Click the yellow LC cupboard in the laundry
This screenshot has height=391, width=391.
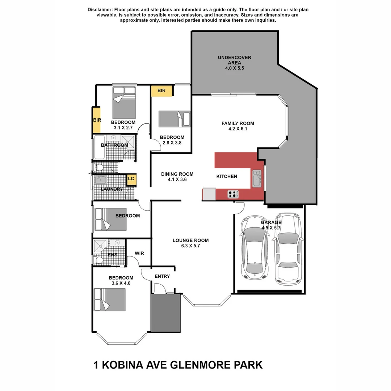pos(131,179)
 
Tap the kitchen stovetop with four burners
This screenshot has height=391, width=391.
pos(233,194)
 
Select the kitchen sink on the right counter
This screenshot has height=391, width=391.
pos(257,178)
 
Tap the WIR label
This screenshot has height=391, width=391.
pos(139,253)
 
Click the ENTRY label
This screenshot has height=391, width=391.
pos(162,277)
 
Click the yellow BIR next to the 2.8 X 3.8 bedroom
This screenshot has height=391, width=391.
pos(162,91)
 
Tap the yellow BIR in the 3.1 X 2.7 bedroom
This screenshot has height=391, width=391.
pos(96,120)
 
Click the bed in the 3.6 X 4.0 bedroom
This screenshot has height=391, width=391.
pos(110,300)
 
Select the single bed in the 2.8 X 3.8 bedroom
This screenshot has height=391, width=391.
pos(174,119)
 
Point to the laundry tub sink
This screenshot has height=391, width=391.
pos(100,180)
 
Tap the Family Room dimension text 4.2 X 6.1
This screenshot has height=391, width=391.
pos(237,129)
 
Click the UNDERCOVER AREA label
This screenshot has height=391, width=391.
pos(234,60)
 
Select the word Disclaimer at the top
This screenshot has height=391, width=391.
pos(100,9)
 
